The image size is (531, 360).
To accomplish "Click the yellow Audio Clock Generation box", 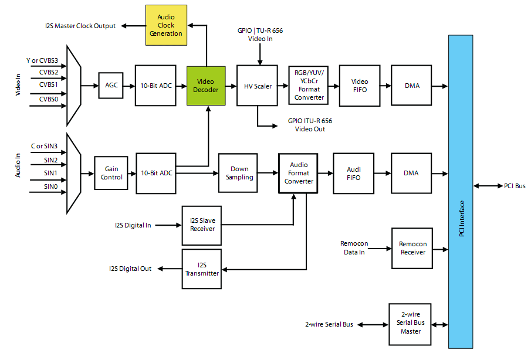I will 166,26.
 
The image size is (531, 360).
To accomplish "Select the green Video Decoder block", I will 207,86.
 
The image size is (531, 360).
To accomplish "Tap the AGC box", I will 111,86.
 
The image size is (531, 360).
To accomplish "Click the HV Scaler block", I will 258,86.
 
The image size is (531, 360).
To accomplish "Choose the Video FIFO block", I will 360,86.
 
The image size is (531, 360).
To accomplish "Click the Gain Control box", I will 111,173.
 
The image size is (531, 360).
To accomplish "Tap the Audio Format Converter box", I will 299,174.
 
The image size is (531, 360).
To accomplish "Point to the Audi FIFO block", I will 353,174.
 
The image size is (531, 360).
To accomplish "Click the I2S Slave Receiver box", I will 202,225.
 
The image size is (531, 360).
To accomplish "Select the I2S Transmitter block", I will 202,269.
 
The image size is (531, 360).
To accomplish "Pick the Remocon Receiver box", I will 412,248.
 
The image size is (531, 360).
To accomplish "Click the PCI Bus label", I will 515,186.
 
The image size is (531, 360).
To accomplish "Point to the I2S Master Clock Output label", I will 80,26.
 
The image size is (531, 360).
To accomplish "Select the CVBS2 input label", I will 49,72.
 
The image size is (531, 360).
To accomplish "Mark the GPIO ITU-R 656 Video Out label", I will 310,125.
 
